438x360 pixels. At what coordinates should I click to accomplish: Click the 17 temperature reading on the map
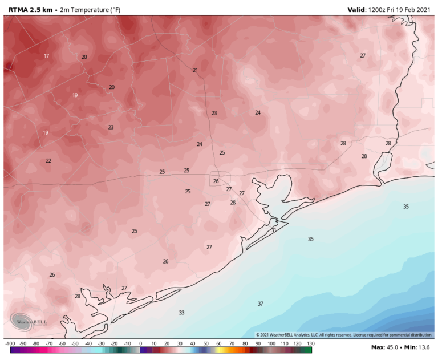(46, 56)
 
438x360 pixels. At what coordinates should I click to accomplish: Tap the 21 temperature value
(195, 70)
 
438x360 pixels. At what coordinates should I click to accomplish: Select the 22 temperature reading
(48, 161)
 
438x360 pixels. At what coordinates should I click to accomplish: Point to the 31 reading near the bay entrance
(274, 230)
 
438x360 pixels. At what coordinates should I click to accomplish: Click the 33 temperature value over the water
(181, 313)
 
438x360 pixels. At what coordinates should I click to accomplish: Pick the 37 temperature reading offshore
(260, 304)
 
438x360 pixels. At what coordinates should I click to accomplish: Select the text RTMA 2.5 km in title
(27, 10)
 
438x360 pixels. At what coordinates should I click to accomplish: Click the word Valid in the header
(358, 10)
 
